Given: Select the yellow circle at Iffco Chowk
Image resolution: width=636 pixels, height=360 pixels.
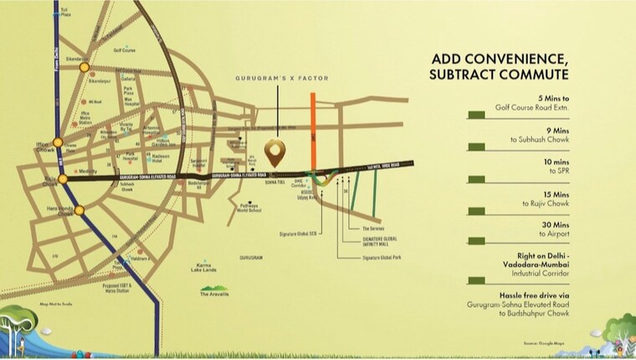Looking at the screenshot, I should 58,142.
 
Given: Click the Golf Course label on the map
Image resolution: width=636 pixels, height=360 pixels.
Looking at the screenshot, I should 125,49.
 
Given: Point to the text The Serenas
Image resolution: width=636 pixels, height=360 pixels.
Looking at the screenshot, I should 373,229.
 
